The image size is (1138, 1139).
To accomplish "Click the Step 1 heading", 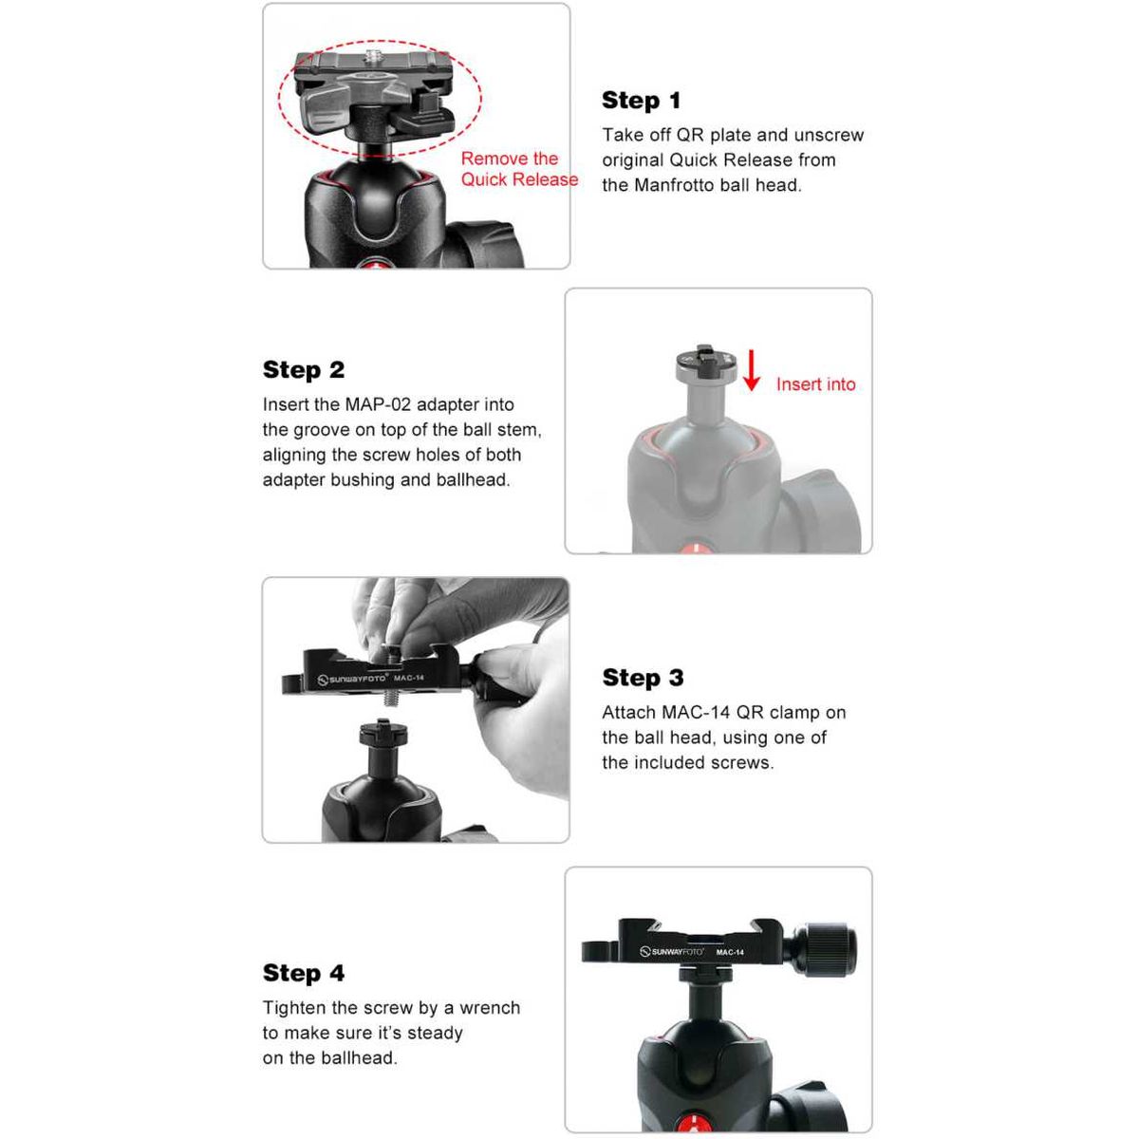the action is point(641,101).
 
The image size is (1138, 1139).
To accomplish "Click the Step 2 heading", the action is point(304,370).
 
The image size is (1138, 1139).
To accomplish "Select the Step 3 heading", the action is point(643,678).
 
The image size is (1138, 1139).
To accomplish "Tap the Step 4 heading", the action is point(304,973).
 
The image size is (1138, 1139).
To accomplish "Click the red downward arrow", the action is point(751,370).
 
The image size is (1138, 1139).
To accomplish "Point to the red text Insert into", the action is point(815,384).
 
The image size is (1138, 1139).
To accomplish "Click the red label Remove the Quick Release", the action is point(519,169).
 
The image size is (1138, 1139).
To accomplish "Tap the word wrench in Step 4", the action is point(490,1008).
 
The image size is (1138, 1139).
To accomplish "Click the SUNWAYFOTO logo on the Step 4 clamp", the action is point(672,951).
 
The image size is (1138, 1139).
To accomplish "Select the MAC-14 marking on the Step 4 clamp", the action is point(730,952).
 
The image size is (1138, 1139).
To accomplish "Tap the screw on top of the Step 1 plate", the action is point(373,57).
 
